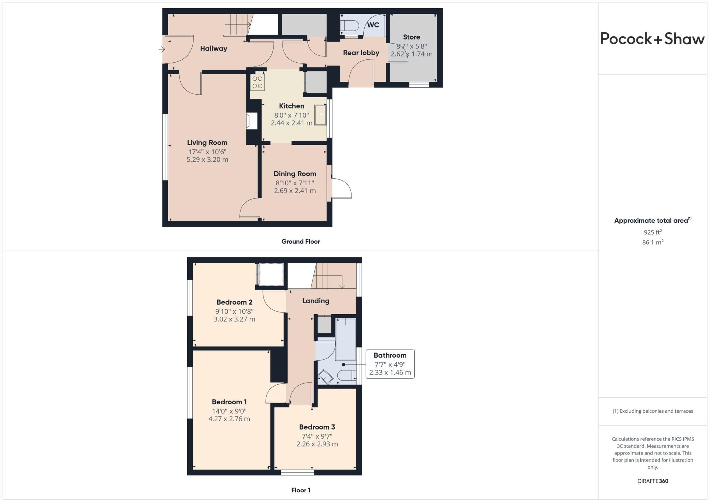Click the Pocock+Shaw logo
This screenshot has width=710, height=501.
(652, 38)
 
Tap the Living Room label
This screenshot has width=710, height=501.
(207, 142)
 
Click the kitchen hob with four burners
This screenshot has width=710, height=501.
(257, 82)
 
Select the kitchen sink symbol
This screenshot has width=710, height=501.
(320, 114)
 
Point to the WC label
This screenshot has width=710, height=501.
(373, 25)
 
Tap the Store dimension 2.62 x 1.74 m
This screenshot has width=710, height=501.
(412, 54)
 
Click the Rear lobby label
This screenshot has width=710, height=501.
(361, 53)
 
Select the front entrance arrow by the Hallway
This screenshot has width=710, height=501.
(162, 49)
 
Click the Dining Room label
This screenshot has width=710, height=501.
(295, 174)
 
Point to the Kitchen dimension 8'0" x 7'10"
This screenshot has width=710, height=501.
(291, 115)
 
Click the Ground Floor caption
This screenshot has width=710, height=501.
(300, 241)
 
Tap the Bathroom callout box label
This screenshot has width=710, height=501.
(390, 355)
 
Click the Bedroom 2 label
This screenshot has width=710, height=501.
(234, 302)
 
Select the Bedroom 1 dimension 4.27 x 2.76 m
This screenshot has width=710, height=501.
(229, 419)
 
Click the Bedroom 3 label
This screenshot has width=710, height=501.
(317, 427)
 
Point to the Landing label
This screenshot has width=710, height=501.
(315, 301)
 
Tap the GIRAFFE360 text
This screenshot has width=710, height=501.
(652, 481)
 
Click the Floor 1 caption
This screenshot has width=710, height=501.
(301, 490)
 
